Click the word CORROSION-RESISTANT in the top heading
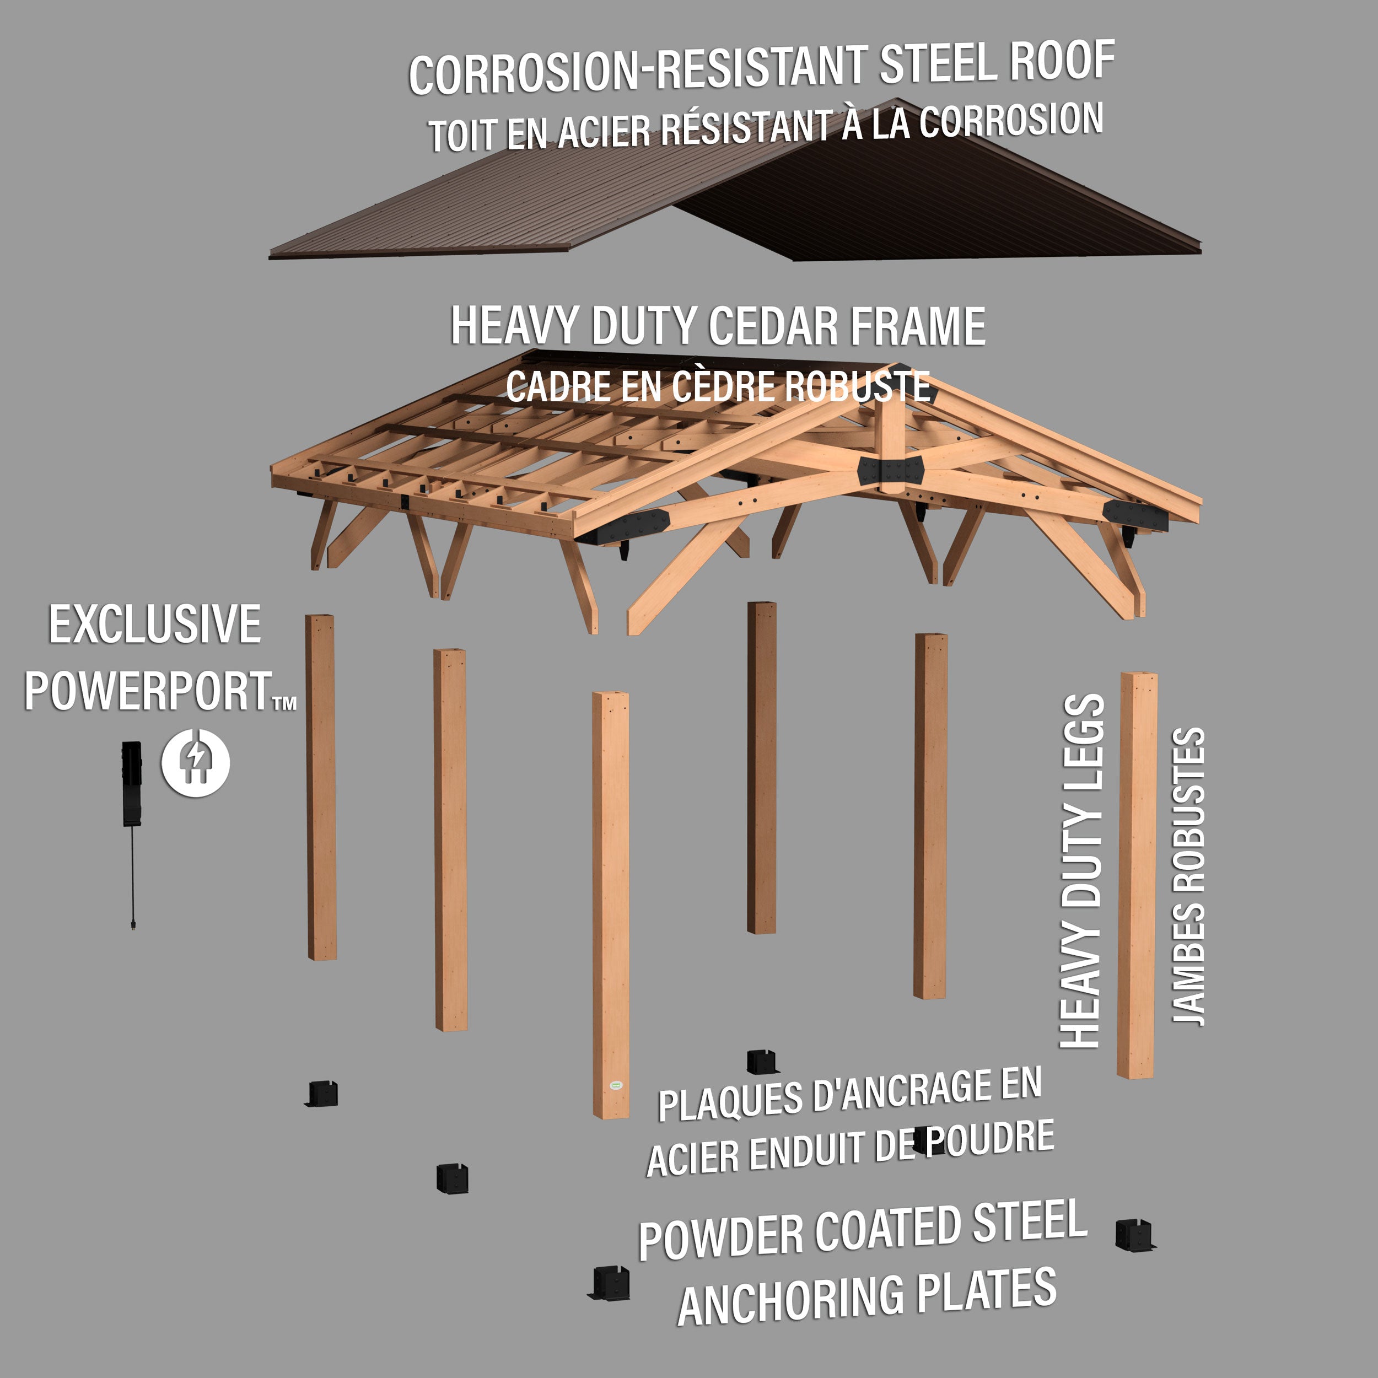coord(638,70)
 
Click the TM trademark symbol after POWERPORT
coord(284,704)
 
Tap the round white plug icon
coord(196,762)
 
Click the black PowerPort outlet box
coord(131,783)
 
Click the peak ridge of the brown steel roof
coord(897,102)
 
